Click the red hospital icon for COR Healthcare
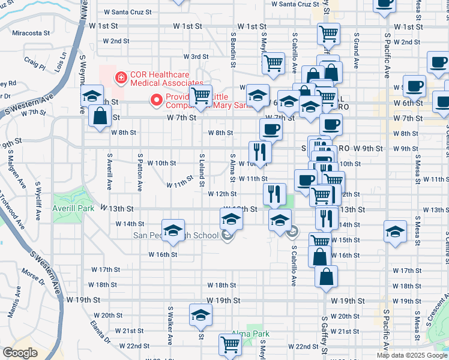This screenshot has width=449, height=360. (x=121, y=77)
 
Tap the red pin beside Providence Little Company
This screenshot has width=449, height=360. (x=157, y=100)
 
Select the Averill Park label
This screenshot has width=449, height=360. (x=75, y=208)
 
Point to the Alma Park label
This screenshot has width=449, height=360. (x=251, y=334)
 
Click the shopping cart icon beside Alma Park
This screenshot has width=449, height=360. (x=231, y=344)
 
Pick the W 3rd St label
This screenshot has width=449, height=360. (x=195, y=56)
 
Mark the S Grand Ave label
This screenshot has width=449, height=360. (x=356, y=55)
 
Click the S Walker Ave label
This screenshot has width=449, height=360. (x=170, y=325)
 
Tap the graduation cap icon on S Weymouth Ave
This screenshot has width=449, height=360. (x=91, y=95)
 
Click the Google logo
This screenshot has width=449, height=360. (x=19, y=353)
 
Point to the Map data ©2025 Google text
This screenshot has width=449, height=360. (x=412, y=355)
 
